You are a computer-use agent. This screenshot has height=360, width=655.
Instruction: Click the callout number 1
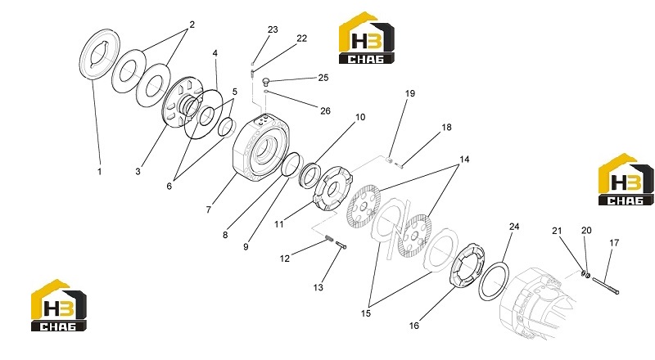[x=99, y=171]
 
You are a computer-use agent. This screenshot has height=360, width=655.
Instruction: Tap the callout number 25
[x=323, y=78]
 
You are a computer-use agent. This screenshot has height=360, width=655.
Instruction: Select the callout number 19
[x=410, y=93]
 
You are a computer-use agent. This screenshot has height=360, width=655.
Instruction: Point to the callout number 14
[x=464, y=160]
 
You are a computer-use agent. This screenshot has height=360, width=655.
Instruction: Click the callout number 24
[x=514, y=227]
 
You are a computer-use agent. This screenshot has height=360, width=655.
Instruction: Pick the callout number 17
[x=614, y=243]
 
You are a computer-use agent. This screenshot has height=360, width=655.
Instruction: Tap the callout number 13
[x=318, y=287]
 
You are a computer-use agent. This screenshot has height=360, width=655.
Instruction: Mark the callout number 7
[x=209, y=209]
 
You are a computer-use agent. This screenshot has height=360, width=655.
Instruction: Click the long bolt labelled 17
[x=606, y=286]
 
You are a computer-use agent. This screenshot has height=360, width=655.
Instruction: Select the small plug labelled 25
[x=266, y=81]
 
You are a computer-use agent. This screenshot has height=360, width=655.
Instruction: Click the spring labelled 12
[x=329, y=238]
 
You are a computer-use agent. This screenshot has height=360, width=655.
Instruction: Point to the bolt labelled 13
[x=341, y=245]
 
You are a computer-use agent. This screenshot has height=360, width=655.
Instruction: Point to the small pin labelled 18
[x=399, y=167]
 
